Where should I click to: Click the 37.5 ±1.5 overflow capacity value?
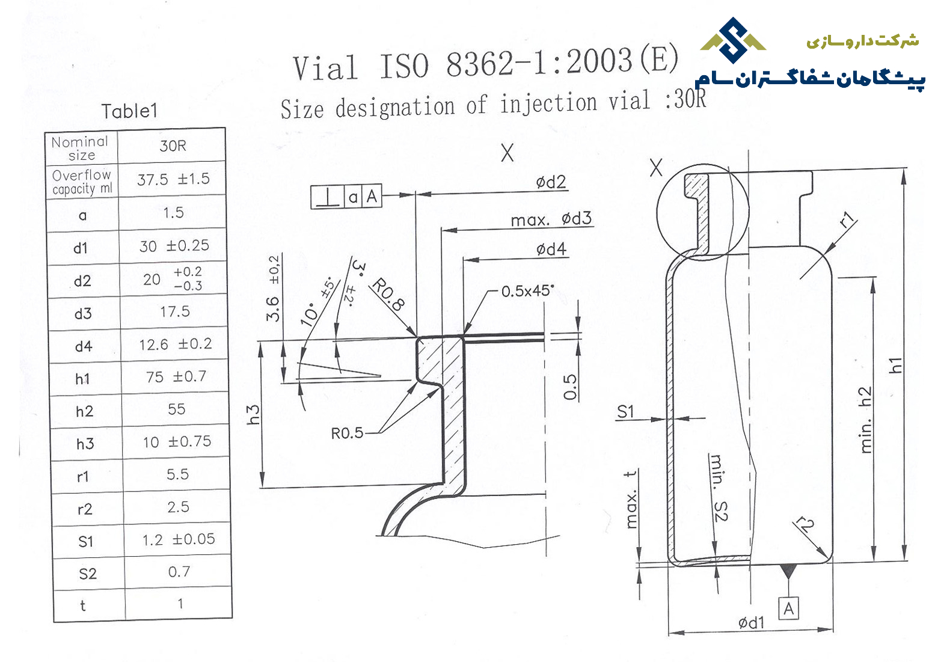tap(173, 179)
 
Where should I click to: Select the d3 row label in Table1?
tap(83, 314)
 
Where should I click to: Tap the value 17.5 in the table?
tap(175, 311)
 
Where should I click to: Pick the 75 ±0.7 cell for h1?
tap(176, 376)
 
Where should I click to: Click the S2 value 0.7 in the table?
tap(179, 572)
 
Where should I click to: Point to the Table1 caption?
tap(130, 111)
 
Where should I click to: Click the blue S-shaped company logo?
tap(733, 40)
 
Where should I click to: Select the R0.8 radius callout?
tap(388, 295)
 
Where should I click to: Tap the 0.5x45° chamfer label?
tap(527, 291)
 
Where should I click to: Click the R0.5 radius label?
tap(347, 434)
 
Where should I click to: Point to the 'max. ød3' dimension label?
tap(551, 219)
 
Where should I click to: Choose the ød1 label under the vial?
tap(751, 622)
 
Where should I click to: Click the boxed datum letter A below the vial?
tap(788, 608)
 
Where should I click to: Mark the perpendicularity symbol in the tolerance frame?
tap(328, 197)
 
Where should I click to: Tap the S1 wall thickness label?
tap(625, 411)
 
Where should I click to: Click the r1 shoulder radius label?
tap(847, 220)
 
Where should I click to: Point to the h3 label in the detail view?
tap(253, 415)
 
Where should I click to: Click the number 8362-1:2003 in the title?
tap(539, 62)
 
